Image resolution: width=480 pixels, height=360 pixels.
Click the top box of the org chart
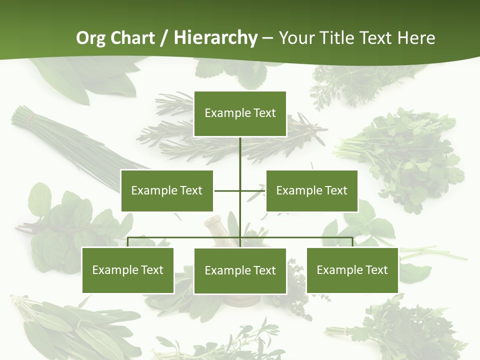pyautogui.click(x=240, y=113)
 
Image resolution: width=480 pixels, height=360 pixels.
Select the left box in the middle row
pyautogui.click(x=167, y=190)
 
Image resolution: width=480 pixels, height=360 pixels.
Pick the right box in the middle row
pyautogui.click(x=312, y=190)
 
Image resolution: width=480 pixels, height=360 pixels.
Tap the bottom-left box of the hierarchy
pyautogui.click(x=128, y=270)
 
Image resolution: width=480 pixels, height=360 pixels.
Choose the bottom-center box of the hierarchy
pyautogui.click(x=240, y=270)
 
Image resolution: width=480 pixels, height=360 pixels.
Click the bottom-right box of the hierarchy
pyautogui.click(x=352, y=270)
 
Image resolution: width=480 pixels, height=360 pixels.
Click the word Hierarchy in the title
pyautogui.click(x=215, y=37)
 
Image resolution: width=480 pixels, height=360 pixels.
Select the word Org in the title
pyautogui.click(x=90, y=38)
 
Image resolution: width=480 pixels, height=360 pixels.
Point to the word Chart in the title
pyautogui.click(x=131, y=37)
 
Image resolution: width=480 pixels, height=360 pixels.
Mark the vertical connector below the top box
pyautogui.click(x=240, y=155)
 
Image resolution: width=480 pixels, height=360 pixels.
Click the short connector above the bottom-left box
pyautogui.click(x=128, y=242)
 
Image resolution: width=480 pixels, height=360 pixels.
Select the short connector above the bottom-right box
pyautogui.click(x=352, y=242)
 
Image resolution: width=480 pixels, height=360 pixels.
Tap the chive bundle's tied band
pyautogui.click(x=31, y=119)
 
